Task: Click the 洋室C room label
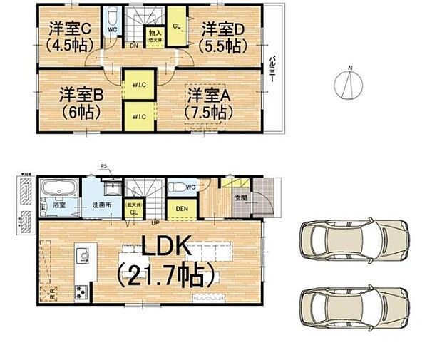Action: (x=68, y=36)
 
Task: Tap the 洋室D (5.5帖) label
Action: (x=223, y=36)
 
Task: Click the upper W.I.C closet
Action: (x=138, y=86)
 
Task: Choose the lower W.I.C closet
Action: (x=138, y=115)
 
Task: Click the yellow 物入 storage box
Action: (x=154, y=35)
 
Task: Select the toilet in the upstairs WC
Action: (x=112, y=19)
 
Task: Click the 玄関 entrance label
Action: (x=242, y=199)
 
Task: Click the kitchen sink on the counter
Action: (x=84, y=255)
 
